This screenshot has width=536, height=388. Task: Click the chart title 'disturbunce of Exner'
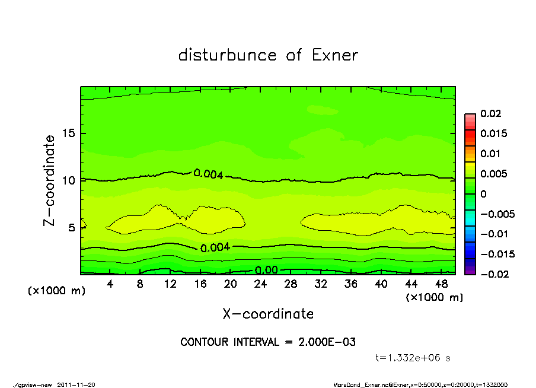[x=268, y=55]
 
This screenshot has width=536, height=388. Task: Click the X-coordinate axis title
[x=268, y=313]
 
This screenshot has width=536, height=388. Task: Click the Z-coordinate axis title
[x=50, y=180]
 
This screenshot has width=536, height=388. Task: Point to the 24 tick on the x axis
[x=261, y=284]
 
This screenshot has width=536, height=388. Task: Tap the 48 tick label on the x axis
[x=442, y=284]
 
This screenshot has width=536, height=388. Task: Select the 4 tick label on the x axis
[x=110, y=284]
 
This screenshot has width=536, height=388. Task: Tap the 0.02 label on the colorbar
[x=491, y=113]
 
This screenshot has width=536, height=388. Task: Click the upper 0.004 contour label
[x=208, y=174]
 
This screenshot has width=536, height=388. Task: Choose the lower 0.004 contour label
[x=215, y=248]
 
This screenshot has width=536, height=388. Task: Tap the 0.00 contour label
[x=266, y=271]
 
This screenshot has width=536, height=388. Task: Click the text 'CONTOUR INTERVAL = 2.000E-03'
[x=268, y=342]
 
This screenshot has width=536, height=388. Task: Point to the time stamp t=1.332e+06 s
[x=414, y=358]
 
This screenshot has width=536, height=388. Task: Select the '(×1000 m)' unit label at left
[x=53, y=291]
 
